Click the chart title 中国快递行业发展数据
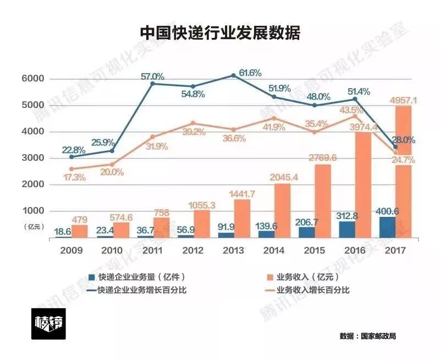click(219, 33)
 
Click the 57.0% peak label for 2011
click(152, 77)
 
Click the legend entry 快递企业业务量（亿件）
click(135, 277)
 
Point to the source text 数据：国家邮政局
click(367, 336)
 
